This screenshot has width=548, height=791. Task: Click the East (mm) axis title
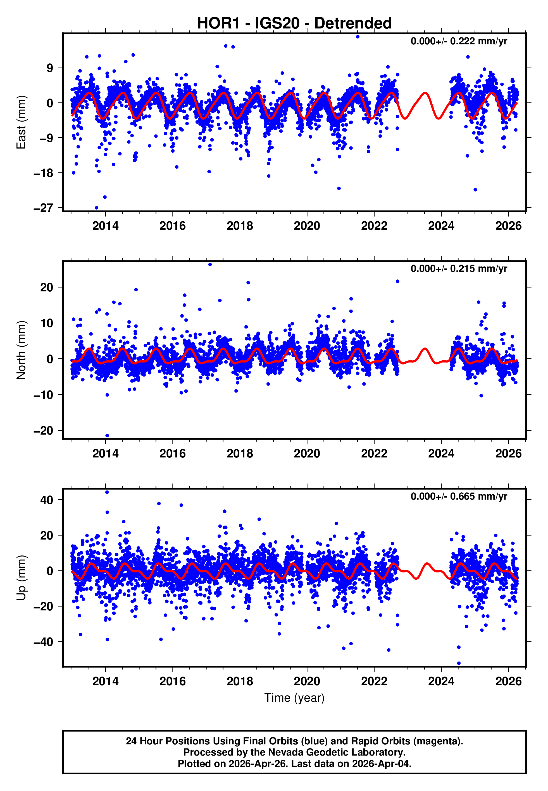(21, 122)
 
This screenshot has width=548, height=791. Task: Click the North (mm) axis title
(21, 350)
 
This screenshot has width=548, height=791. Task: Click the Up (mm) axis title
(21, 578)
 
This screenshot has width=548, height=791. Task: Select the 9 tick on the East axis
(50, 68)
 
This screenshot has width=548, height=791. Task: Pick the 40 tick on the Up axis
(47, 500)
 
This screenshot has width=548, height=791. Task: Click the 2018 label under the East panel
(239, 226)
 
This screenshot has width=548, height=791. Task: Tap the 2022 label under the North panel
(374, 454)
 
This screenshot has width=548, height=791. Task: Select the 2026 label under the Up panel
(508, 681)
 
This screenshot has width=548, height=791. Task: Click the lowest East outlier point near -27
(96, 208)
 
